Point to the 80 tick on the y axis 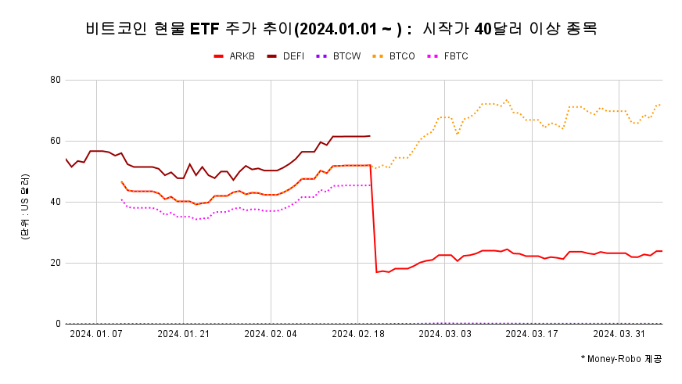56,80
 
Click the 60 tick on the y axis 56,141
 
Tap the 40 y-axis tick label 56,202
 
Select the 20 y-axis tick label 56,263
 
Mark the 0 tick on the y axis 58,324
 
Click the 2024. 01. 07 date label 96,334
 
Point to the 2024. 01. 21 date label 183,334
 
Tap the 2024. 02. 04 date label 271,334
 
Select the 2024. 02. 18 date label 357,334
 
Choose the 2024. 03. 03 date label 444,334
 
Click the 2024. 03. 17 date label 532,334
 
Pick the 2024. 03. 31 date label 619,334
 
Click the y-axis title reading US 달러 26,208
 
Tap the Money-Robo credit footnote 621,358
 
